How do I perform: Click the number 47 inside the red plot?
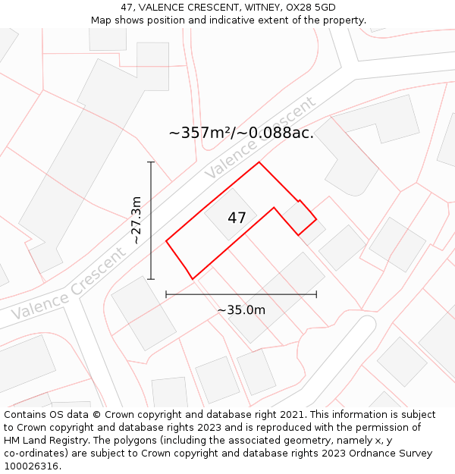(237, 218)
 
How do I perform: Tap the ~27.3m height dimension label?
(136, 220)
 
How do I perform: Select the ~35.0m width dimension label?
(241, 309)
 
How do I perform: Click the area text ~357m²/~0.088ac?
(241, 133)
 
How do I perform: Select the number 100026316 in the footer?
(32, 466)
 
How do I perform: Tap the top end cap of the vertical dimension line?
(151, 162)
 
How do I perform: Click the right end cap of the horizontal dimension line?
(316, 294)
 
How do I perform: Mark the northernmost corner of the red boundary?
(259, 162)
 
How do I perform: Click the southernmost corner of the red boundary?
(193, 278)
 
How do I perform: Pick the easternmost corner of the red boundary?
(316, 220)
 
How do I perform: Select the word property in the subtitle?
(344, 20)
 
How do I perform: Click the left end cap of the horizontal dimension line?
(166, 294)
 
